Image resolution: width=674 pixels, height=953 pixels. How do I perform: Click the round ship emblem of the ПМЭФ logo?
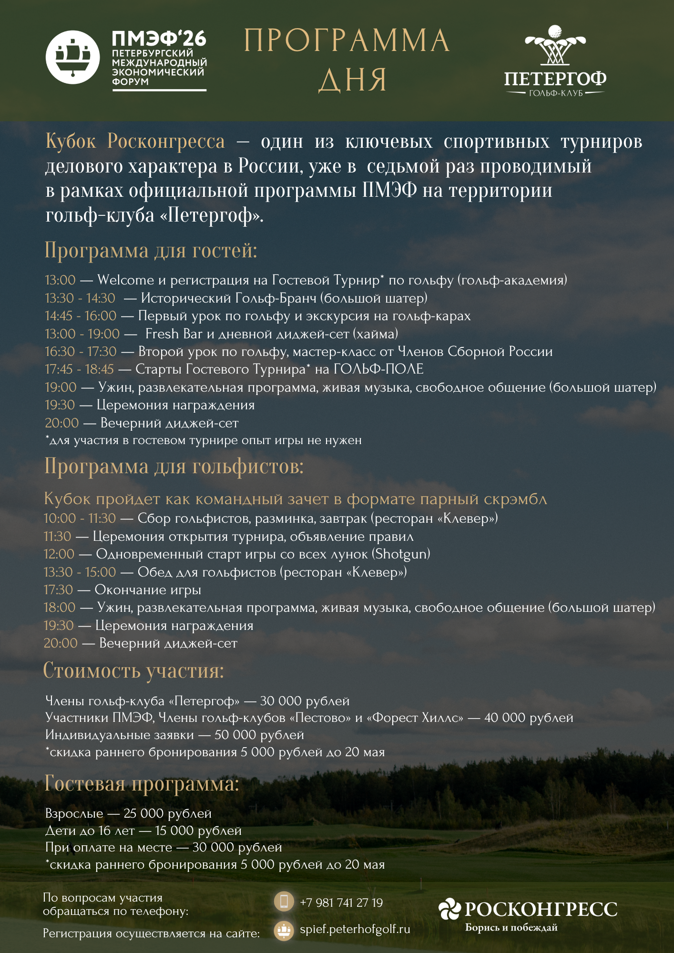tap(72, 57)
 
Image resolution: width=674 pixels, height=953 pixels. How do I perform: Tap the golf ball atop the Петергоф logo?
tap(555, 31)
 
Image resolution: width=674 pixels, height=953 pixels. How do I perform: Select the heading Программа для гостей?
tap(151, 250)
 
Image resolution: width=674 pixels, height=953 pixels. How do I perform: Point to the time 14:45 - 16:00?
tap(81, 316)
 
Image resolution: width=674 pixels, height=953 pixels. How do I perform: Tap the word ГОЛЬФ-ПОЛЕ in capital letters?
tap(378, 369)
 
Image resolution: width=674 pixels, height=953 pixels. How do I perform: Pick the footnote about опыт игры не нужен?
tap(204, 440)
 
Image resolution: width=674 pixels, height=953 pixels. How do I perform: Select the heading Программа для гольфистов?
tap(174, 466)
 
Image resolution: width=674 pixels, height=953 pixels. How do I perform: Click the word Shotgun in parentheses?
tap(401, 554)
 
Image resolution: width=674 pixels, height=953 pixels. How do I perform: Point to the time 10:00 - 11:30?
tap(80, 518)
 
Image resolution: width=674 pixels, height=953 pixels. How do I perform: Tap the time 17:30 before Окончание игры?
tap(58, 590)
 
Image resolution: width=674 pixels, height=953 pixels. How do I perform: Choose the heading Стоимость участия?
tap(133, 670)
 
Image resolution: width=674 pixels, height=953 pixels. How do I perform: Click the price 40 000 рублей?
tap(529, 718)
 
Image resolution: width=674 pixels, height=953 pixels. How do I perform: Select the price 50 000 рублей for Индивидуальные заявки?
tap(259, 735)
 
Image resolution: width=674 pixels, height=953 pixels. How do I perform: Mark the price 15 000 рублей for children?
tap(198, 831)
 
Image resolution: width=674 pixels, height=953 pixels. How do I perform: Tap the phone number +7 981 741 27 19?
tap(341, 903)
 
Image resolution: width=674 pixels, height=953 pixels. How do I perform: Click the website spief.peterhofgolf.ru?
tap(355, 929)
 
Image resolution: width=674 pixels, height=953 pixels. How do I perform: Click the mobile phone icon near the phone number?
tap(284, 902)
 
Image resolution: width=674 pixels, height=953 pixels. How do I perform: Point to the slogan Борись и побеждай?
tap(511, 927)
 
